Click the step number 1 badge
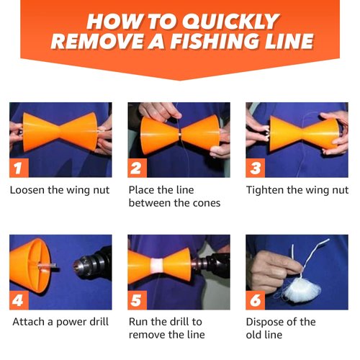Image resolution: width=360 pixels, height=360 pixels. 19,166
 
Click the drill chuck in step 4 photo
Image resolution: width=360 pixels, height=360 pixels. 87,263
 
